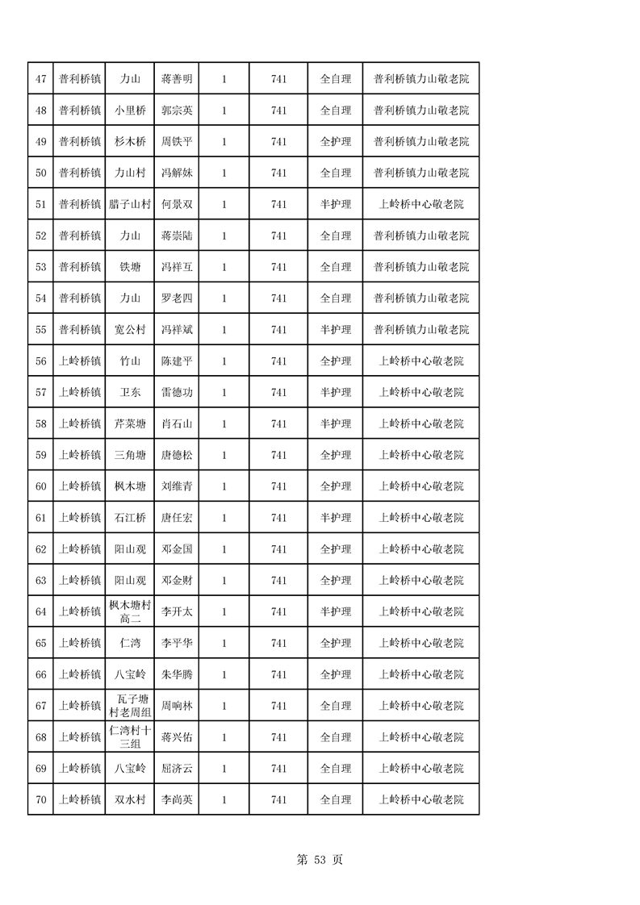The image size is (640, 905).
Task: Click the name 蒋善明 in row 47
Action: [x=177, y=79]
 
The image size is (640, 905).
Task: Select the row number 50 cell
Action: [x=40, y=173]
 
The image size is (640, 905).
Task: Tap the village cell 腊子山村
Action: [x=129, y=204]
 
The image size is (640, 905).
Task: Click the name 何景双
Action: [x=177, y=204]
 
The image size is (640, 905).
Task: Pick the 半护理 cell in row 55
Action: [x=336, y=330]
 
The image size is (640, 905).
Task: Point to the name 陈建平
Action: [x=177, y=361]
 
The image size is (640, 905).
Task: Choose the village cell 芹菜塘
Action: [x=129, y=424]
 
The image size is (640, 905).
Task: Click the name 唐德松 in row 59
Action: [x=177, y=456]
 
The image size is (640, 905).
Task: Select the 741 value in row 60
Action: [x=278, y=486]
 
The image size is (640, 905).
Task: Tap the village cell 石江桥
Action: [x=129, y=518]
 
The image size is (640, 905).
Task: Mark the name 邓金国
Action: [x=177, y=549]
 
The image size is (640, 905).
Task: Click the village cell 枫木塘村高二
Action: [x=129, y=612]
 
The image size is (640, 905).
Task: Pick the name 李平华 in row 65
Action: [x=177, y=644]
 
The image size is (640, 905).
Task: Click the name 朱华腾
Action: [x=177, y=675]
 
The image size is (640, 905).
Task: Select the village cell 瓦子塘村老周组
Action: [x=129, y=706]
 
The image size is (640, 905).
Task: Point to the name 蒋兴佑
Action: [x=177, y=737]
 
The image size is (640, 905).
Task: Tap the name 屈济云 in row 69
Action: [x=177, y=769]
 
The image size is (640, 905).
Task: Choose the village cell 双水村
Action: [x=129, y=800]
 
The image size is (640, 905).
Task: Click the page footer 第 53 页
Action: [x=320, y=860]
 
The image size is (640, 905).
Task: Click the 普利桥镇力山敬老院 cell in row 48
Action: [x=420, y=111]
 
